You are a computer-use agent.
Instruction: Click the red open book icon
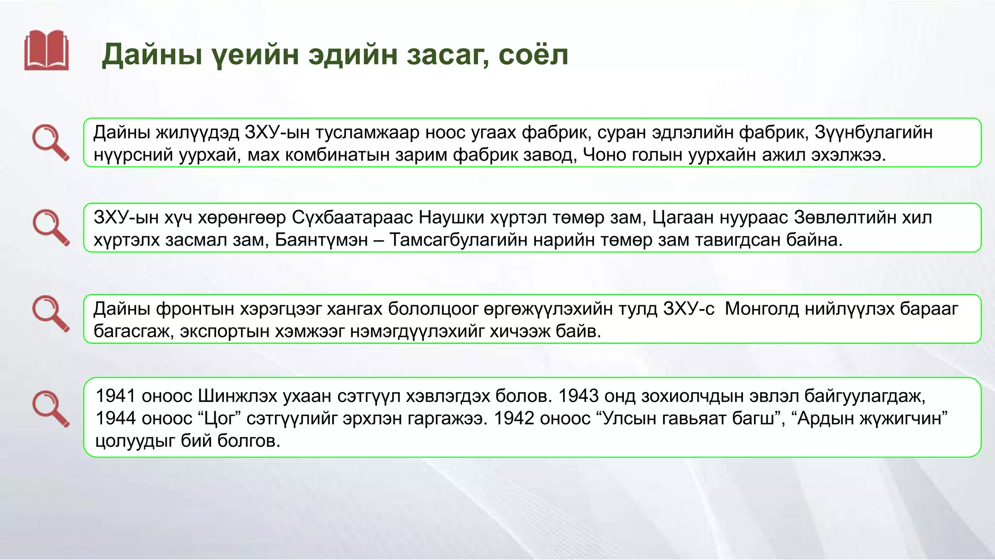47,50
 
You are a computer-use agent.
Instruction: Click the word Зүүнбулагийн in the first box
873,132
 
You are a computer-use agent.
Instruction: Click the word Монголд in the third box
761,309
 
